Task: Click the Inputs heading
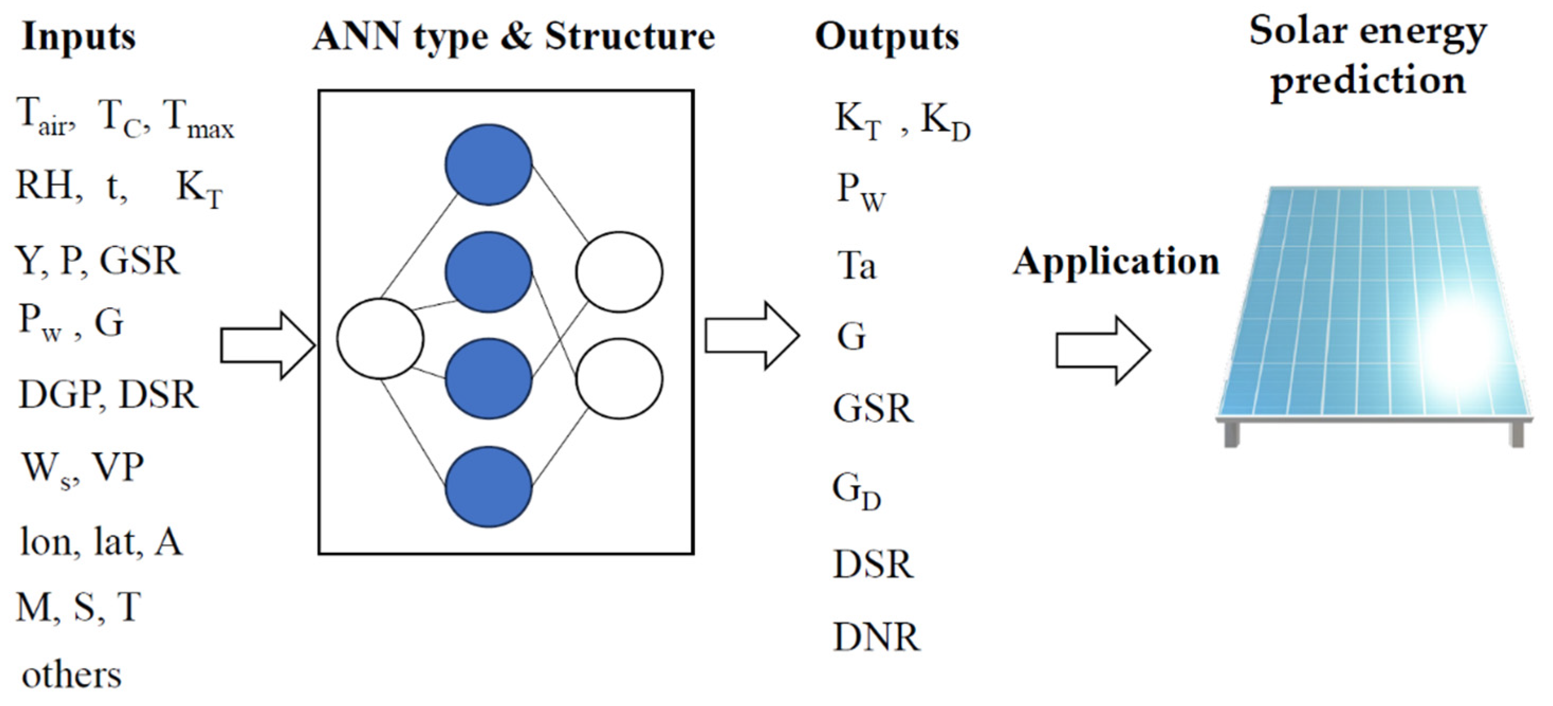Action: tap(78, 38)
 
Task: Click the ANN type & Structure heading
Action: tap(514, 38)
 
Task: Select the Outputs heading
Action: tap(886, 38)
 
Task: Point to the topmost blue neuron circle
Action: tap(488, 164)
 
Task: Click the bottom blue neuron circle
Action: tap(488, 487)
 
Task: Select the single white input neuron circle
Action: tap(380, 339)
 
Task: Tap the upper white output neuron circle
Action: tap(619, 272)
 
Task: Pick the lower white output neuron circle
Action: tap(619, 379)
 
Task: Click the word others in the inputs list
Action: tap(71, 675)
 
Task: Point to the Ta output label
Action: tap(856, 265)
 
